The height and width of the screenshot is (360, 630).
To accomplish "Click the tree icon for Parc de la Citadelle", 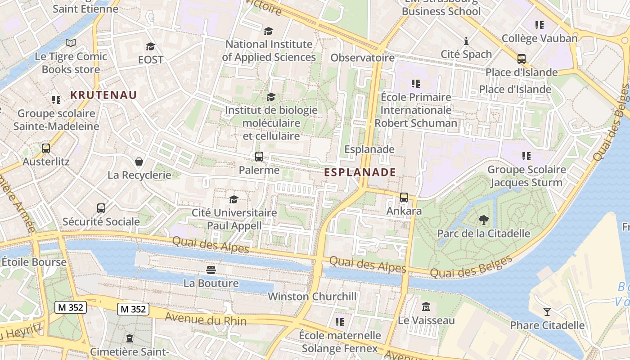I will click(484, 220).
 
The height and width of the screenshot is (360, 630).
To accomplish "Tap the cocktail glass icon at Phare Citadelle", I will click(547, 311).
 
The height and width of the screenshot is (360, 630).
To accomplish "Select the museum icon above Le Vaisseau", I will click(426, 307).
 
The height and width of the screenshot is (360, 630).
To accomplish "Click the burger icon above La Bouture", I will click(211, 270).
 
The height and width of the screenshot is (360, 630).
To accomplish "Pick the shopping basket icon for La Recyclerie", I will click(139, 161).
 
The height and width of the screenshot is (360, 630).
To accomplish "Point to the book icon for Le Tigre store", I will click(71, 43).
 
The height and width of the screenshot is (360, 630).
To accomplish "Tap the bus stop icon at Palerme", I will click(259, 157).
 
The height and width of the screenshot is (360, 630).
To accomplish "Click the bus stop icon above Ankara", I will click(404, 197).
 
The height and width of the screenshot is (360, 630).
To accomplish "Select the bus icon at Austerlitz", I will click(46, 148).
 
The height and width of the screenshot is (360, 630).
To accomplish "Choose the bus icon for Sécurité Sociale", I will click(101, 208).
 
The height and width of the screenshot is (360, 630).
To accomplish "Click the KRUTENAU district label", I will click(103, 95).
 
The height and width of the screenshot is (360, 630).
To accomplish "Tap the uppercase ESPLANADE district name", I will click(360, 172).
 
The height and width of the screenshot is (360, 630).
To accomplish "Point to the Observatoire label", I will click(362, 58).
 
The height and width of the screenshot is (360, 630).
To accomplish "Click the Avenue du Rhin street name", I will click(206, 319).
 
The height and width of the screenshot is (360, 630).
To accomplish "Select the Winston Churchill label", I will click(312, 297).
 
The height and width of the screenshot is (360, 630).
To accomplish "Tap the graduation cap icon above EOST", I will click(150, 46).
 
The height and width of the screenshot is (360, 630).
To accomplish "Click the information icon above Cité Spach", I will click(466, 41).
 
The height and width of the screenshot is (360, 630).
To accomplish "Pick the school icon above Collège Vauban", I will click(539, 25).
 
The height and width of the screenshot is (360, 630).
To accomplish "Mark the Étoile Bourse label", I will click(28, 261).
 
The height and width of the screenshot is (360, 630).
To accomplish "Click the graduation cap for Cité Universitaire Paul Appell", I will click(234, 199).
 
